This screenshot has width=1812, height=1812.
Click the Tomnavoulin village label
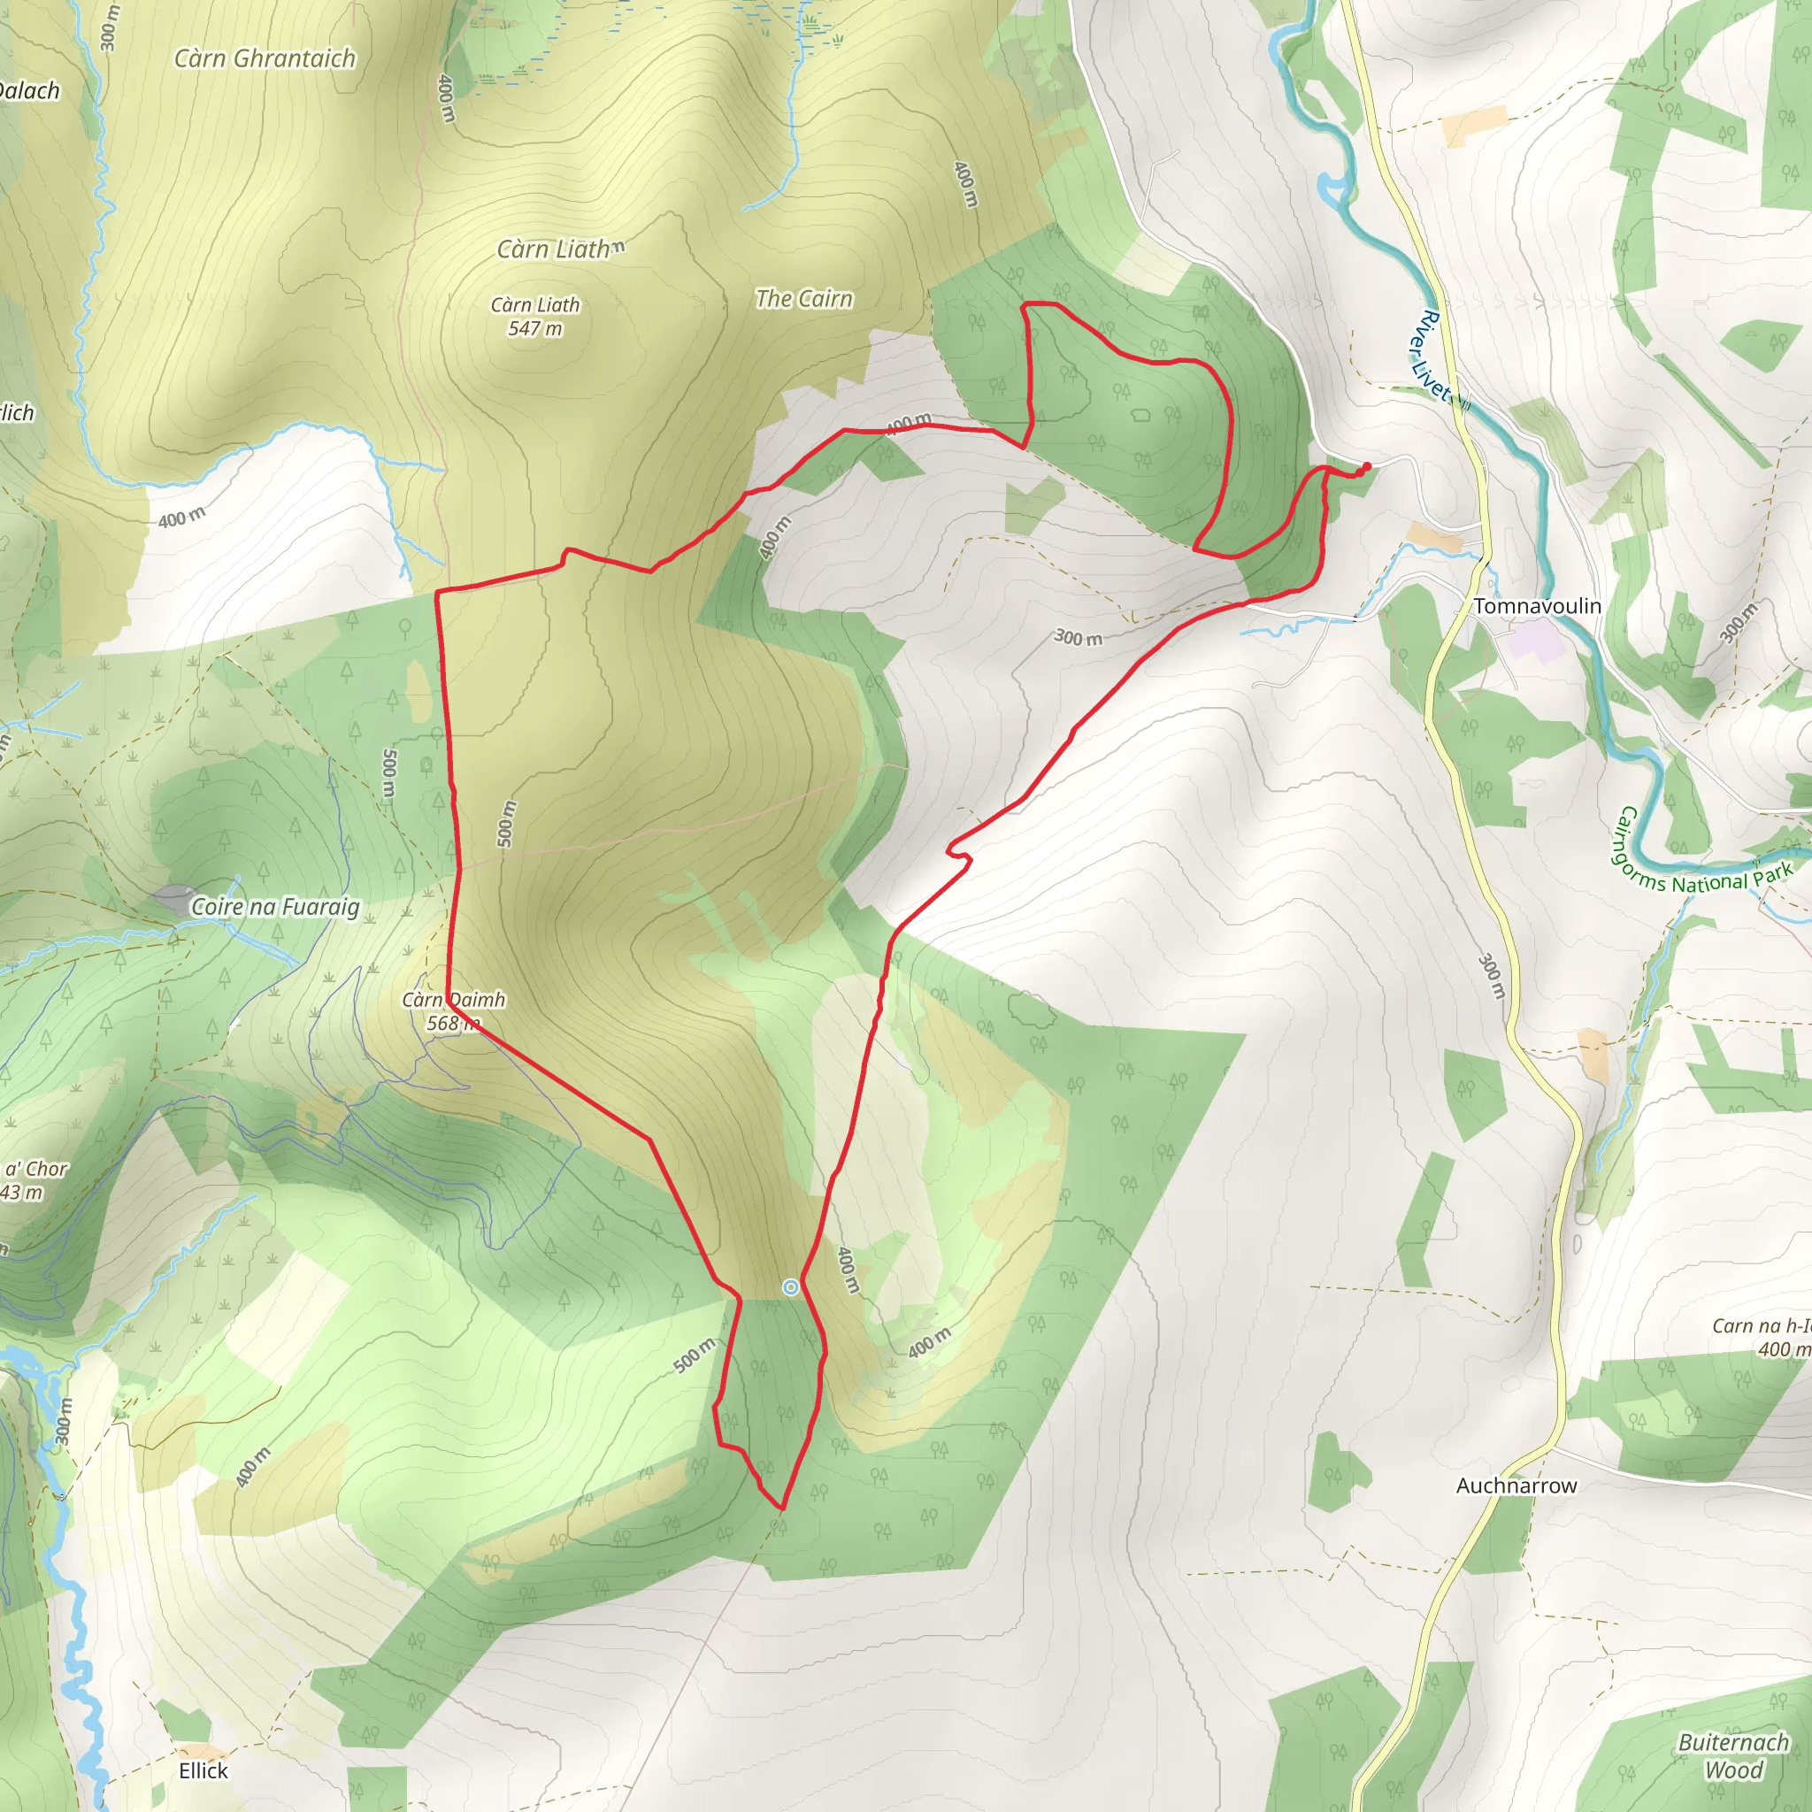click(x=1537, y=606)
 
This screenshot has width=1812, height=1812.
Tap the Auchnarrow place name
click(x=1516, y=1486)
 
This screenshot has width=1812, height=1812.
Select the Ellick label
click(x=203, y=1770)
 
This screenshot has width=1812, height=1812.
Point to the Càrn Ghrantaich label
click(x=265, y=59)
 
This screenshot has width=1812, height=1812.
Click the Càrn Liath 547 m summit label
click(x=535, y=317)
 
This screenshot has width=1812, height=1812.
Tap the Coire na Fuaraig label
click(x=275, y=907)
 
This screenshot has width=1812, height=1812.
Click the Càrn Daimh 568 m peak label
click(x=454, y=1011)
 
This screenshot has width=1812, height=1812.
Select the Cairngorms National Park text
click(x=1698, y=858)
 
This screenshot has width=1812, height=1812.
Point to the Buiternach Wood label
click(x=1733, y=1755)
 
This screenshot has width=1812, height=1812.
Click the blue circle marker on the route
click(x=791, y=1287)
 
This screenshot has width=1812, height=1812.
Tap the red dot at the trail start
click(x=1366, y=466)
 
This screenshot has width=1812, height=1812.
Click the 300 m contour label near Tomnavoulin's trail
click(x=1078, y=638)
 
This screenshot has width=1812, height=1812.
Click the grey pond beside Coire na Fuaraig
click(x=175, y=899)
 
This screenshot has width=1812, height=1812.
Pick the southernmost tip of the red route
click(x=780, y=1509)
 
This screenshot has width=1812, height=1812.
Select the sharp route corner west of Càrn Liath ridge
click(x=438, y=592)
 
